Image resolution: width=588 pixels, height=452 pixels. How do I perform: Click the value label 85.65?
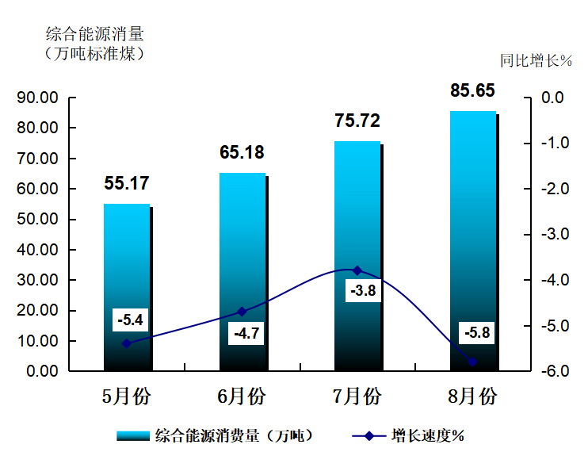(x=472, y=90)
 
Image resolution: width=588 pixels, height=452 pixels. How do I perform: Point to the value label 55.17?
(x=127, y=183)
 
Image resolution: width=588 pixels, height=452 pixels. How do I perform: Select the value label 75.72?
(x=357, y=121)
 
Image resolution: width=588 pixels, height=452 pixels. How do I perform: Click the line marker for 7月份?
(x=357, y=270)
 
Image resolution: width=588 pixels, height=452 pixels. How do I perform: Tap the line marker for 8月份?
(x=472, y=362)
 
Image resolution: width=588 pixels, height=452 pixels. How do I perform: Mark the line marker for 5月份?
(x=127, y=343)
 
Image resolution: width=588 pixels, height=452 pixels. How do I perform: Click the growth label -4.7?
(x=246, y=333)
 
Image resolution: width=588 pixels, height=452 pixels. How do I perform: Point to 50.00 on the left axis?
(x=39, y=220)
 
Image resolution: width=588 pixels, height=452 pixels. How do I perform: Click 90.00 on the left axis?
(x=39, y=98)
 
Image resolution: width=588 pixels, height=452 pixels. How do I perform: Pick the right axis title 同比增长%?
(x=536, y=60)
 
